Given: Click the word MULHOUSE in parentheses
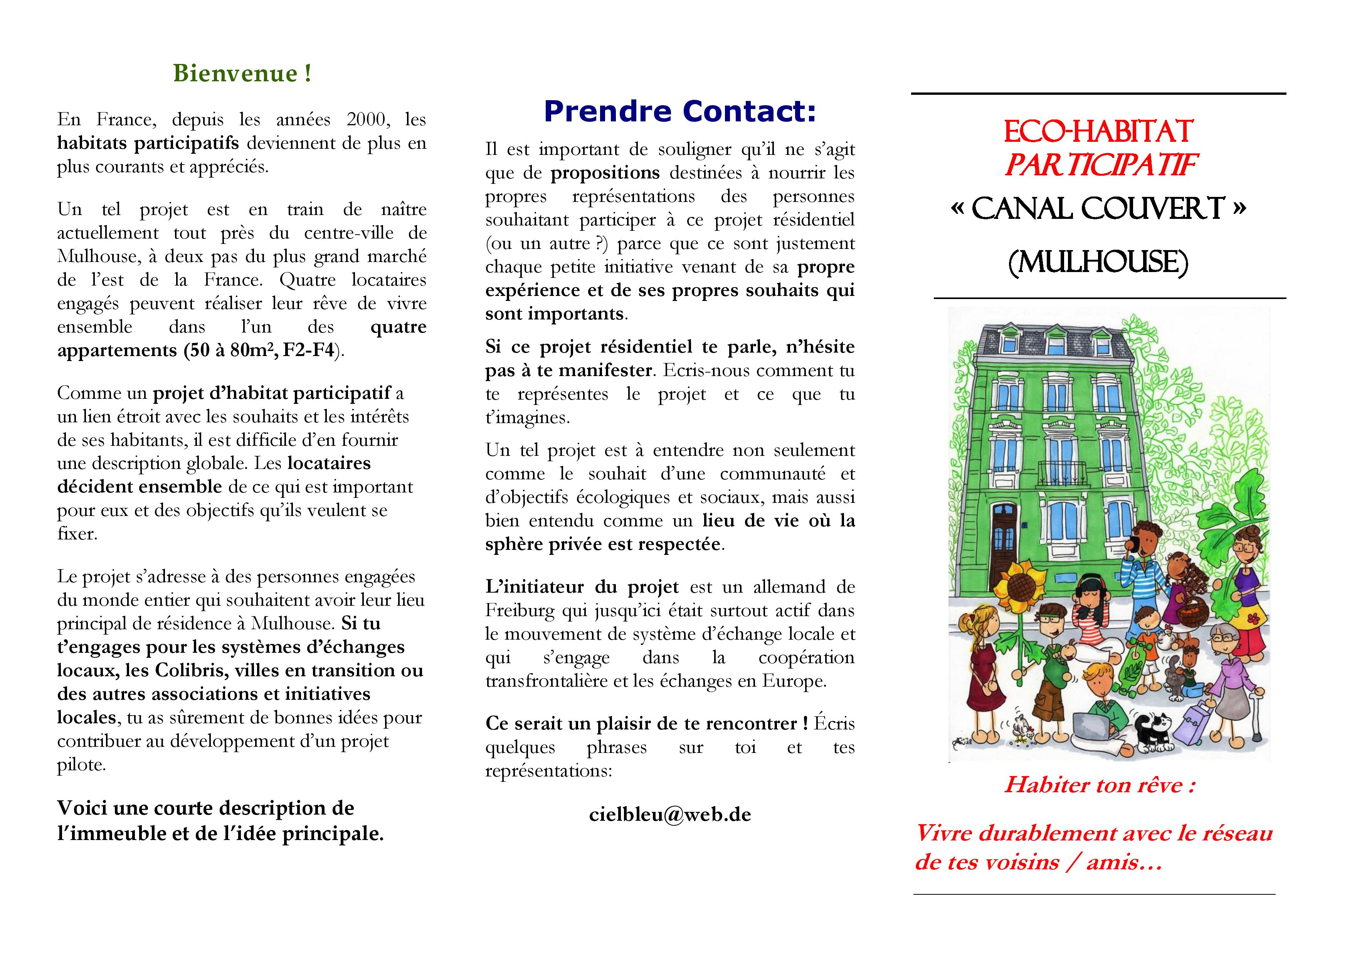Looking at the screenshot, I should coord(1098,262).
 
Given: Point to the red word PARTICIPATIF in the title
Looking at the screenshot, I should coord(1099,165).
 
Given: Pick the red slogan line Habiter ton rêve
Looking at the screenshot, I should coord(1099,785).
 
